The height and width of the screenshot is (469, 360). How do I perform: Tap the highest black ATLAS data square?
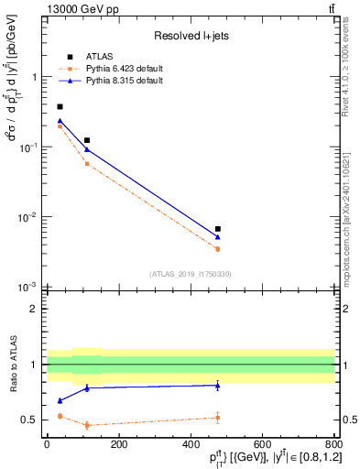tap(60, 107)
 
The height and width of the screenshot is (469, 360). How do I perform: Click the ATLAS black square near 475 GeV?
tap(218, 229)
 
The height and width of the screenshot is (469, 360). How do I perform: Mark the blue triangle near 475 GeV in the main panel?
tap(218, 237)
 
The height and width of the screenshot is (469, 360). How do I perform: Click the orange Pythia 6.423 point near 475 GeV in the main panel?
tap(218, 248)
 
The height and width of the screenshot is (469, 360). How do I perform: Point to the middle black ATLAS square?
tap(87, 140)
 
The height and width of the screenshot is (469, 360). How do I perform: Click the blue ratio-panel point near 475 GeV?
tap(218, 386)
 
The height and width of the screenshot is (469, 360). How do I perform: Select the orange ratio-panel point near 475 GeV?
tap(218, 418)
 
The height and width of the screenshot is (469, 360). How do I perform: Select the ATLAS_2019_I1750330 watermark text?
tap(190, 274)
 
